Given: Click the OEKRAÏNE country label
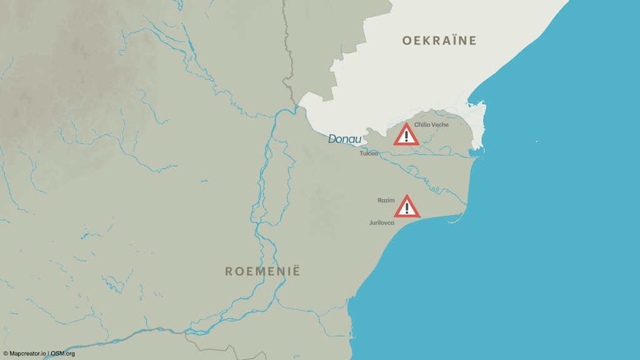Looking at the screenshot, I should click(x=439, y=41).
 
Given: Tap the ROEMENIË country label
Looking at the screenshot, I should click(x=262, y=271).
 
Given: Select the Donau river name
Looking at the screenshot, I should click(x=345, y=139).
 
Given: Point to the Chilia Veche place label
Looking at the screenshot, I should click(x=431, y=124).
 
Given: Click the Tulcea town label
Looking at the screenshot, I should click(x=369, y=153).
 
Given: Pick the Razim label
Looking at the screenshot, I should click(x=386, y=200).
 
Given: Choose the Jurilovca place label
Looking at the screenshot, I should click(x=382, y=222).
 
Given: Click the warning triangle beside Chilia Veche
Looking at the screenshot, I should click(x=406, y=135).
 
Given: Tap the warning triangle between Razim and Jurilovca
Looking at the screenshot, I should click(x=407, y=206).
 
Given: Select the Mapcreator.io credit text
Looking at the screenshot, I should click(x=27, y=354).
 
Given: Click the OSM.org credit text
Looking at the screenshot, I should click(x=63, y=354).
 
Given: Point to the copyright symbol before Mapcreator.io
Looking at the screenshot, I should click(x=5, y=354).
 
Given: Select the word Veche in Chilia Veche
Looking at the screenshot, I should click(x=440, y=124).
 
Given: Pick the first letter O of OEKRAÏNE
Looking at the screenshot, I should click(x=407, y=41).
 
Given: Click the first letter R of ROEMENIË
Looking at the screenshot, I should click(x=229, y=271).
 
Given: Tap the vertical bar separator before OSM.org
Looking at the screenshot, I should click(x=49, y=354).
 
